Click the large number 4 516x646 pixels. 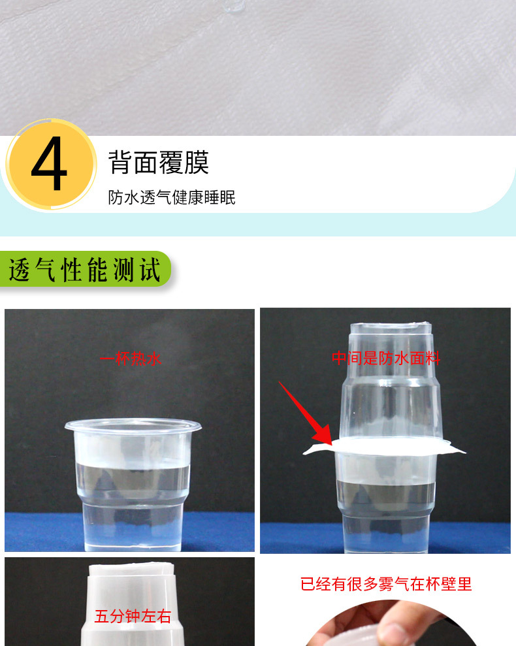pos(49,165)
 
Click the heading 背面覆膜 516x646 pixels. pos(159,162)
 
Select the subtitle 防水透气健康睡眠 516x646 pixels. pos(172,197)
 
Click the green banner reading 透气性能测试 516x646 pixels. pos(85,269)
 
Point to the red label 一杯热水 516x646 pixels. pos(130,359)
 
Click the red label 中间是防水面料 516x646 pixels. pos(385,358)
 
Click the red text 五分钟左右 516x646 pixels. pos(132,616)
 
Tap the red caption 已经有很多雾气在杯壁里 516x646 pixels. pos(385,584)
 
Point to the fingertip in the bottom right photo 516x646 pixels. pos(392,630)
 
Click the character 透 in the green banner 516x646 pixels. pos(20,269)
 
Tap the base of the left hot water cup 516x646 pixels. pos(133,532)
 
